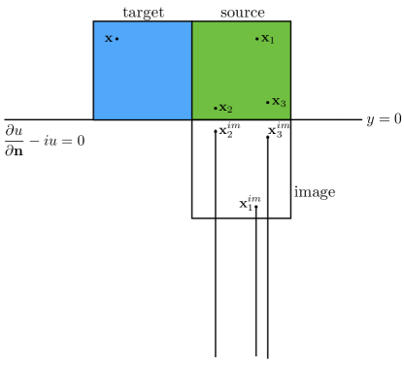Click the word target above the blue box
tap(143, 12)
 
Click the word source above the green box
tap(242, 12)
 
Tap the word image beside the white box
tap(315, 192)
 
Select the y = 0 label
tap(384, 119)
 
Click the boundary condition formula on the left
tap(44, 136)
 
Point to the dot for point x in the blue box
tap(118, 39)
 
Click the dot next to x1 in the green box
tap(257, 39)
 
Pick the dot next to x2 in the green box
tap(216, 108)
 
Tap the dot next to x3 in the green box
tap(268, 102)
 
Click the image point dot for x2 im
tap(216, 131)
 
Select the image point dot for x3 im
tap(268, 136)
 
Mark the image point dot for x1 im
tap(256, 206)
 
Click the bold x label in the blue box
tap(109, 39)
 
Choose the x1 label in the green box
tap(268, 40)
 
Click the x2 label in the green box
tap(226, 108)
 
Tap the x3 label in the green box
tap(279, 102)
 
